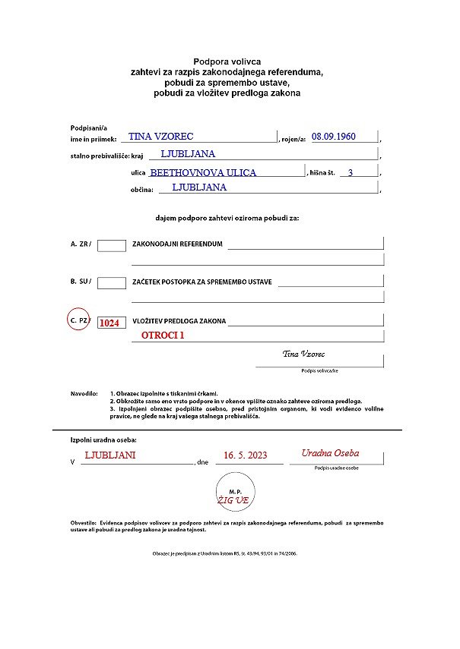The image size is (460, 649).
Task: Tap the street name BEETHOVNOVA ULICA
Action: click(203, 173)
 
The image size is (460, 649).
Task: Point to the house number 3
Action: click(350, 173)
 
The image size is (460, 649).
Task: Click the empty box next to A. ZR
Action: click(112, 244)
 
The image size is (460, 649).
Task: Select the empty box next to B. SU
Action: click(112, 282)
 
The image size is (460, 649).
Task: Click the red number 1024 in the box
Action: click(109, 323)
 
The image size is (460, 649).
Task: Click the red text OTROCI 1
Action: click(163, 335)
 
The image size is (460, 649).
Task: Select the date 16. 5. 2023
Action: click(245, 455)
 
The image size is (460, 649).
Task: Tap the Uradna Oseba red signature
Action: click(330, 453)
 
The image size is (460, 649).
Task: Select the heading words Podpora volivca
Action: click(227, 61)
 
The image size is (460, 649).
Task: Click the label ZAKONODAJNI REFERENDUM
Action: click(177, 244)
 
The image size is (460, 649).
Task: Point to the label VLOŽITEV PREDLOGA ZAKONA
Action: click(179, 321)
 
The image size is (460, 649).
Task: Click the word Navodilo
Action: click(84, 394)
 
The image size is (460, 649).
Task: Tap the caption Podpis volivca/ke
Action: click(319, 370)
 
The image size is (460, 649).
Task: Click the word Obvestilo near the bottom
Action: click(84, 523)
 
